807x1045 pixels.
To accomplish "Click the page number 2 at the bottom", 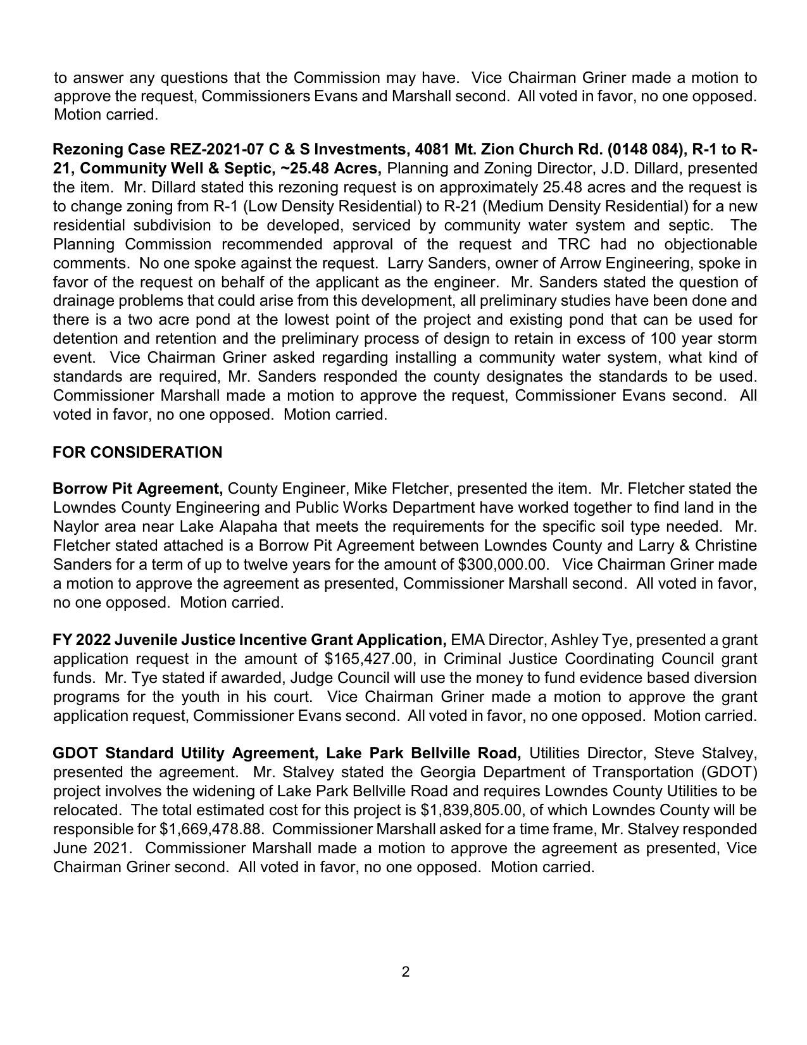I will point(405,972).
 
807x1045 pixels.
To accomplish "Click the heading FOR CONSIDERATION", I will point(137,453).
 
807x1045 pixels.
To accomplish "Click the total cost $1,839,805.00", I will point(475,810).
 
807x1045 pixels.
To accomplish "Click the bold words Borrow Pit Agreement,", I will point(137,489).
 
